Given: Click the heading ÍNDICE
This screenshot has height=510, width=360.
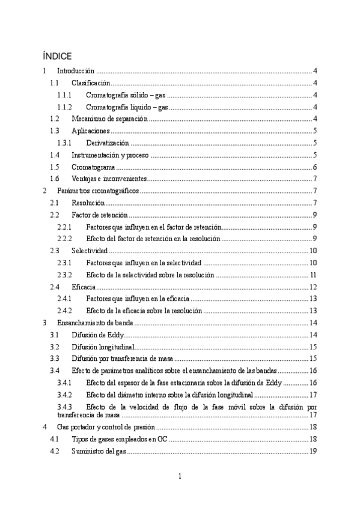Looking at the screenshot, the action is coord(57,57).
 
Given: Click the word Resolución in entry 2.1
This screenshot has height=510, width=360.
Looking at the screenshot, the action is coord(88,203).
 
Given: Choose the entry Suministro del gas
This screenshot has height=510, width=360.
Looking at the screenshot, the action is coord(99,451).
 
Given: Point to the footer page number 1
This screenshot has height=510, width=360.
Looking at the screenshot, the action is coord(180,476).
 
